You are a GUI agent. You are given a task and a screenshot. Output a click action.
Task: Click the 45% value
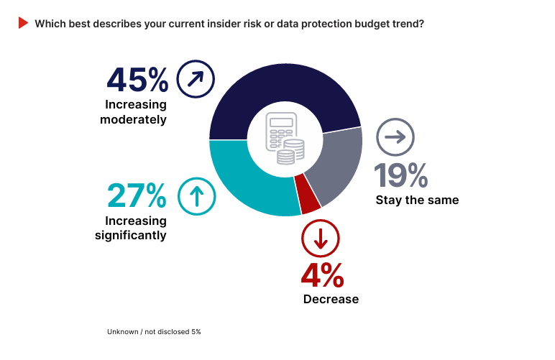click(x=137, y=79)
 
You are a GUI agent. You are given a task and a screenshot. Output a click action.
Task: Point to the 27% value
click(x=137, y=195)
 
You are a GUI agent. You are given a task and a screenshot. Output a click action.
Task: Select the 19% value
click(x=400, y=175)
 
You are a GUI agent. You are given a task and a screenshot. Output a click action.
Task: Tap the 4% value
click(x=322, y=276)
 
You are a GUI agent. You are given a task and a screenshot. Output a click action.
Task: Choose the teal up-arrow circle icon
click(x=196, y=195)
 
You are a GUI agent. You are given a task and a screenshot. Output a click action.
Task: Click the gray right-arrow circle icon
click(x=395, y=137)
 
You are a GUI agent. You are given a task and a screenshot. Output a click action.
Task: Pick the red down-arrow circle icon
click(x=320, y=239)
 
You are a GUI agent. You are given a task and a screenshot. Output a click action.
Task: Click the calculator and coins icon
click(x=285, y=139)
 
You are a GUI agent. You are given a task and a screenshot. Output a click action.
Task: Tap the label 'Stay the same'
click(x=417, y=200)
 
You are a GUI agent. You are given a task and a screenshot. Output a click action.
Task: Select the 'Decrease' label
click(x=331, y=299)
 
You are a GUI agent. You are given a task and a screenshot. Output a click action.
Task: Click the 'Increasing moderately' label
click(x=136, y=112)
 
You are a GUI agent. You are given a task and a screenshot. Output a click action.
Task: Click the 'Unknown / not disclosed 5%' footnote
click(x=154, y=332)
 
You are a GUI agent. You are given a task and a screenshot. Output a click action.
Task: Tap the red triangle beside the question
click(x=23, y=23)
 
